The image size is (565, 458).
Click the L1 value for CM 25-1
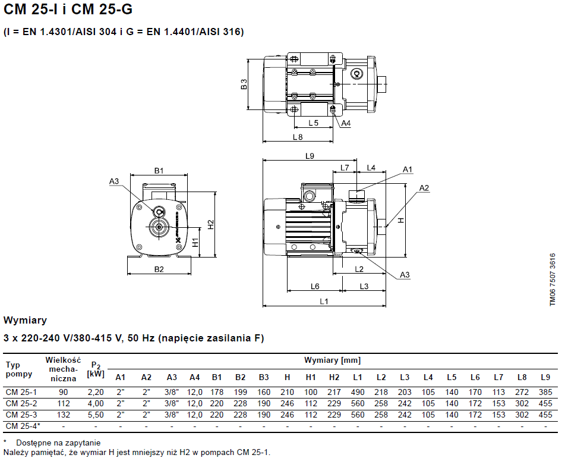pos(358,392)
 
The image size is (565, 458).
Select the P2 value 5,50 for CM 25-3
pos(96,415)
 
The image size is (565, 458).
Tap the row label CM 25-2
pos(21,403)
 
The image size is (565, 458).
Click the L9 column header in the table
pos(545,377)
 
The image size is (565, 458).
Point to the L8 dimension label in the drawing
pos(298,137)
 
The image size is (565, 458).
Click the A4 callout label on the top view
pos(346,123)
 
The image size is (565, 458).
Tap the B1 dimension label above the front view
pos(159,171)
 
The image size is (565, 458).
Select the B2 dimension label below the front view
pos(159,269)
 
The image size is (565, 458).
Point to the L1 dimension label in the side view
pos(324,302)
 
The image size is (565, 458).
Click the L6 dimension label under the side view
pos(315,286)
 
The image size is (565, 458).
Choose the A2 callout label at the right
pos(424,188)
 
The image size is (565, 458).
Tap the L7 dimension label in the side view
pos(345,168)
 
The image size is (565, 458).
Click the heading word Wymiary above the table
pos(25,321)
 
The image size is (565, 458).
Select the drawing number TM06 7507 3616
pos(553,280)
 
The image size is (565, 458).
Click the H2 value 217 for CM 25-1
pos(334,392)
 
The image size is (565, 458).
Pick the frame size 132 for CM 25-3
pos(63,415)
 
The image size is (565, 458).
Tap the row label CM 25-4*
pos(23,426)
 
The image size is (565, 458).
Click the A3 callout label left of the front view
pos(115,181)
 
